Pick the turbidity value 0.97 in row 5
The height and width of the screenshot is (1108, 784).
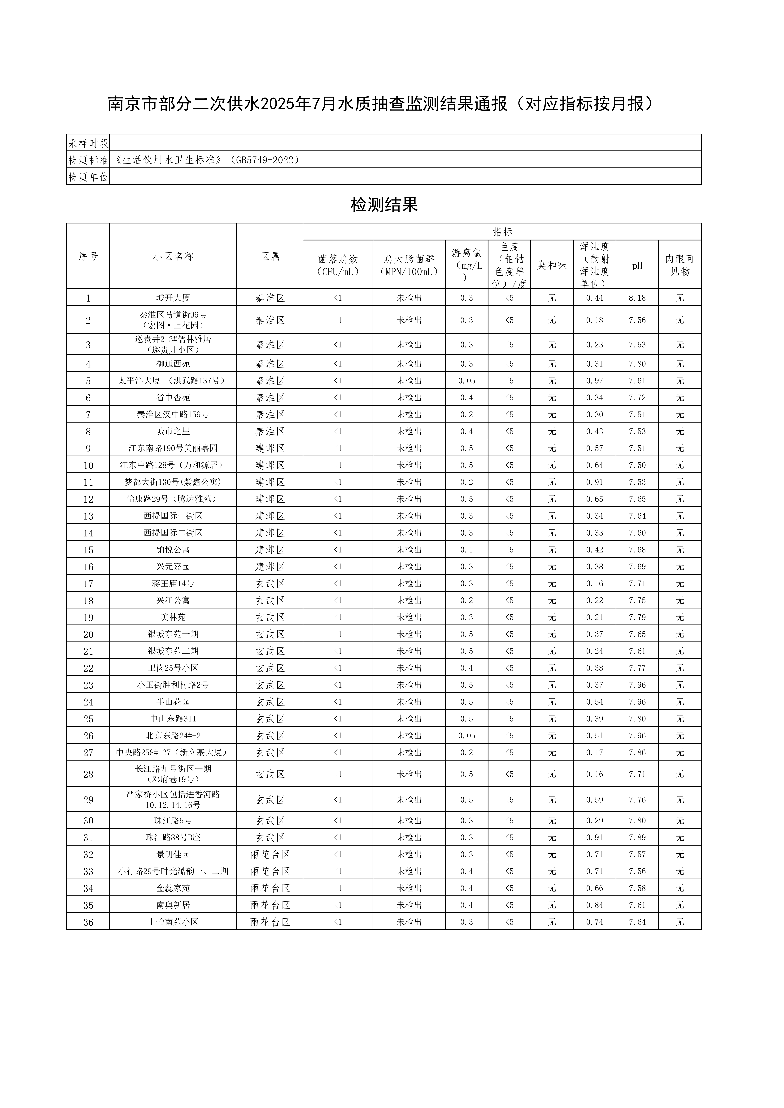pyautogui.click(x=594, y=380)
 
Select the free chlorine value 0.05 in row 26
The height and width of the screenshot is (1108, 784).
pyautogui.click(x=466, y=736)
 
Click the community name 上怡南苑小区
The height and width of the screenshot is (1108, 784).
pyautogui.click(x=173, y=922)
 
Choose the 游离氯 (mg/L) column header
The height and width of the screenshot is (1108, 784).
pyautogui.click(x=466, y=265)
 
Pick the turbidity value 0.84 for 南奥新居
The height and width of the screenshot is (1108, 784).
pyautogui.click(x=594, y=905)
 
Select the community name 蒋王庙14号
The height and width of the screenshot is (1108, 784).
pyautogui.click(x=173, y=583)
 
